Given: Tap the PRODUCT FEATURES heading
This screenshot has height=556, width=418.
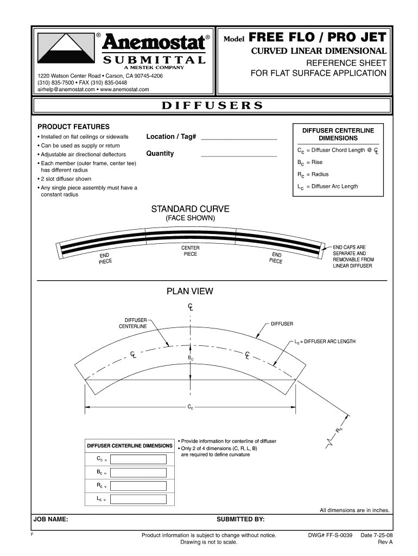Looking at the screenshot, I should click(x=73, y=127).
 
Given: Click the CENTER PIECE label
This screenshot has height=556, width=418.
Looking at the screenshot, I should click(x=190, y=251).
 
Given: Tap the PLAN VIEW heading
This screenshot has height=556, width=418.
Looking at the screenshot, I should click(x=190, y=291).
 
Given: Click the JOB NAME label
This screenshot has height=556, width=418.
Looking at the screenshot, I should click(x=51, y=520).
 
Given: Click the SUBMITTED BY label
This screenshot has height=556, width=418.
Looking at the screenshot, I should click(x=240, y=520).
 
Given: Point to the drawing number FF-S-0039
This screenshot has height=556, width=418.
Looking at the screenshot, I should click(x=331, y=535).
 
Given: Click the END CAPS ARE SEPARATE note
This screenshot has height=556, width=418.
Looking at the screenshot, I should click(x=352, y=257).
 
